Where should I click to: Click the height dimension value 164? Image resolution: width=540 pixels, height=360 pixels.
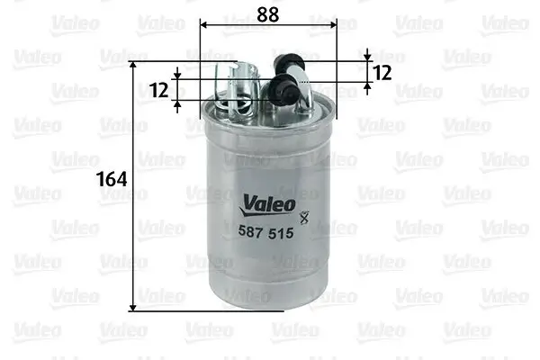click(112, 178)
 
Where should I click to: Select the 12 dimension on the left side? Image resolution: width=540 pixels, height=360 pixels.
click(159, 90)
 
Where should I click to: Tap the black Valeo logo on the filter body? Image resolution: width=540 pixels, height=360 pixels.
click(266, 204)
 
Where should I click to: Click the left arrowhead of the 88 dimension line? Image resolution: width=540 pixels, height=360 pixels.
click(204, 26)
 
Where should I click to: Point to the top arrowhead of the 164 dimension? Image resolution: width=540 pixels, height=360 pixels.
click(136, 68)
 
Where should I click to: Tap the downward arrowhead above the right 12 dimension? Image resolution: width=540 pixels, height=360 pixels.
click(367, 56)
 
